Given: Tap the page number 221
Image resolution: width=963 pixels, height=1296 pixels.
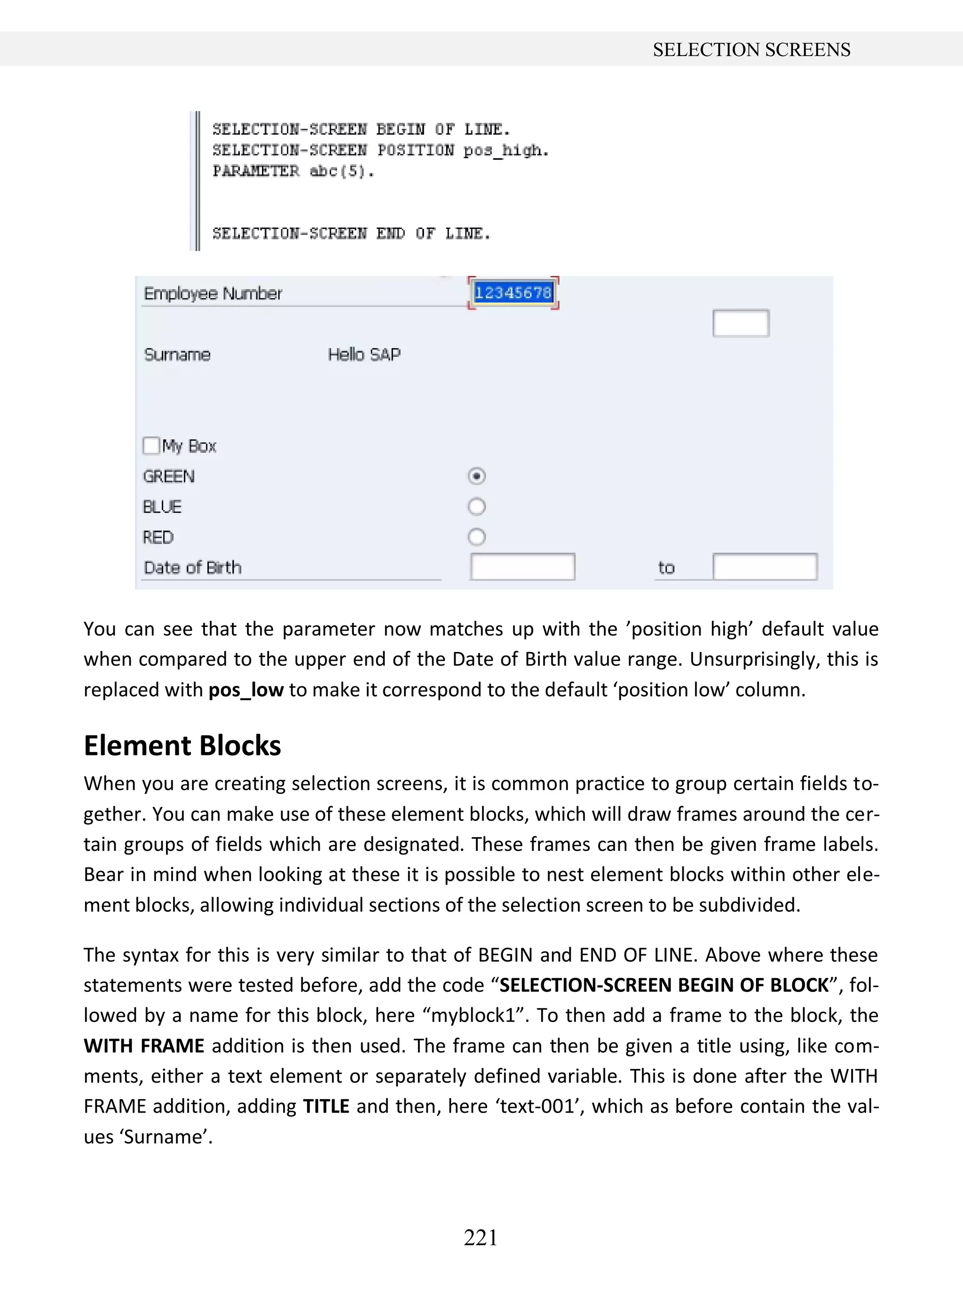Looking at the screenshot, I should click(x=481, y=1237).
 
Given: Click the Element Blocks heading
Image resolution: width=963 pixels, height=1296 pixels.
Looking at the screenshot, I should click(x=182, y=746).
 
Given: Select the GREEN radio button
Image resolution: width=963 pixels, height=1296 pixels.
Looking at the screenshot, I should click(x=476, y=476).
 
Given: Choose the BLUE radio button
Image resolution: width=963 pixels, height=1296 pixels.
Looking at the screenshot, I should click(x=476, y=506).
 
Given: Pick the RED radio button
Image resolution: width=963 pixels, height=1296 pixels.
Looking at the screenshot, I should click(x=476, y=537).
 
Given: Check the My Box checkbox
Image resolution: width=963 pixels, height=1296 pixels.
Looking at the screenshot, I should click(x=151, y=446).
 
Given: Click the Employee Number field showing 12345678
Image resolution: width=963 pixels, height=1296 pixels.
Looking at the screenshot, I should click(x=513, y=292).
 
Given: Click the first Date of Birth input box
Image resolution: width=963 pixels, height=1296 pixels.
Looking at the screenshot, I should click(x=522, y=567).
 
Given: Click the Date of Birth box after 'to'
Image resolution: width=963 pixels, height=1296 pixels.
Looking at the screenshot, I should click(x=765, y=567).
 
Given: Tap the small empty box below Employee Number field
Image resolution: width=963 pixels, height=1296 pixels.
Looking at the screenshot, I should click(x=740, y=323).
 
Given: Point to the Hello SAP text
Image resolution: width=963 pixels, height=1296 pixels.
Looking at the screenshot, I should click(x=364, y=354).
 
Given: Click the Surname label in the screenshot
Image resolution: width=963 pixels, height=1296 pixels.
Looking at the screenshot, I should click(x=177, y=354).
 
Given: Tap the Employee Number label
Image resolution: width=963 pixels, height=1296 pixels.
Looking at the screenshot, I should click(x=213, y=293).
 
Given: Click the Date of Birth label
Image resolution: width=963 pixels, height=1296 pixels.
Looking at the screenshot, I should click(x=192, y=567).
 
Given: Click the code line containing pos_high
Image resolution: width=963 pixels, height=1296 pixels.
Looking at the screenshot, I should click(x=380, y=150).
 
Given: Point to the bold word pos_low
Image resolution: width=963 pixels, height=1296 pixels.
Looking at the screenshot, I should click(x=246, y=690).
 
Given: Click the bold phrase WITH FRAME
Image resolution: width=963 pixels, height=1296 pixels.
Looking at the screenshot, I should click(x=144, y=1046).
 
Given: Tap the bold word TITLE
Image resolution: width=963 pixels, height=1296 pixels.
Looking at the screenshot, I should click(x=326, y=1107).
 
